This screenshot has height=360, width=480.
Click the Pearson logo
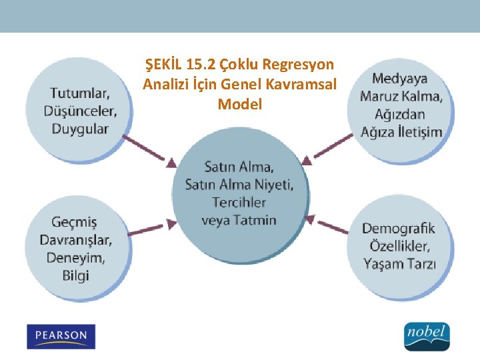61,337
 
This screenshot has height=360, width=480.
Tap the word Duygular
80,129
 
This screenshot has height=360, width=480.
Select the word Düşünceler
80,111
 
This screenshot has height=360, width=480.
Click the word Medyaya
400,79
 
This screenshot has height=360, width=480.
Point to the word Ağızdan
401,114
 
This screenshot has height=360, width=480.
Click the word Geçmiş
74,222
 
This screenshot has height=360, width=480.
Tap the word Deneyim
74,257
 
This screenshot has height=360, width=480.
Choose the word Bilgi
75,275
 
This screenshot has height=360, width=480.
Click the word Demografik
398,229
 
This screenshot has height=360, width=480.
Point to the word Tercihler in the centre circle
239,202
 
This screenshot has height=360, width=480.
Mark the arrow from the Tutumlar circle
151,150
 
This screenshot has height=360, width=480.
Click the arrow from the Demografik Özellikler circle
329,224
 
